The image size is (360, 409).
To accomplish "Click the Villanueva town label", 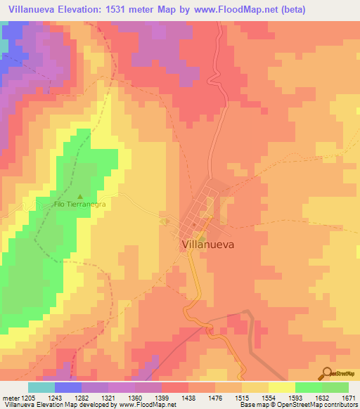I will [x=208, y=245].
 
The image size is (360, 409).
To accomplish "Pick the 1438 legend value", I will [x=188, y=398].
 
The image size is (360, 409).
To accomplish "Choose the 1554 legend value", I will [x=269, y=398].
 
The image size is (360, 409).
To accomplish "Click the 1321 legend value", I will [x=107, y=398].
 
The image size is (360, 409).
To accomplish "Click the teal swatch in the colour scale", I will [x=41, y=387].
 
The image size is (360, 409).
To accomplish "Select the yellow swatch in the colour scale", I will [x=281, y=387].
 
